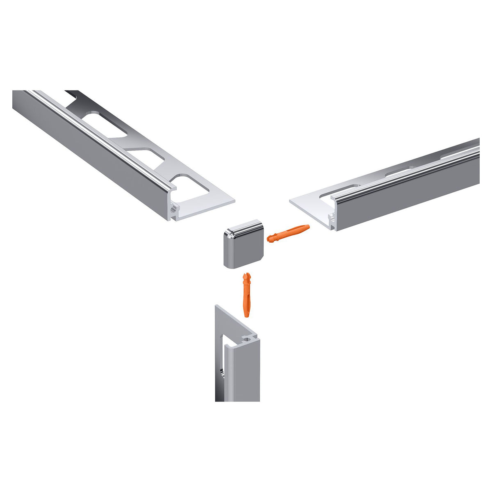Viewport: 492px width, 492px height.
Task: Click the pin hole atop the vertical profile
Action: tap(248, 338)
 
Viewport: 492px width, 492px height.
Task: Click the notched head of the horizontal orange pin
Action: tap(272, 238)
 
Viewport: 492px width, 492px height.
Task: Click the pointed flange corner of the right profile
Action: tap(290, 200)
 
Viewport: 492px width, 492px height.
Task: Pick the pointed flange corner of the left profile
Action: tap(234, 200)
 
